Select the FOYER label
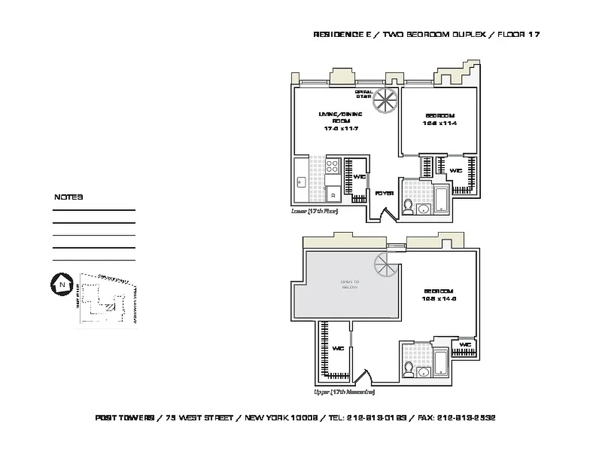[384, 194]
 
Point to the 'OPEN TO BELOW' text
[350, 284]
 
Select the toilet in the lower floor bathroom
[408, 206]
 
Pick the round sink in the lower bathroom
[423, 209]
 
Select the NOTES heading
[69, 197]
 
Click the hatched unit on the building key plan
[109, 307]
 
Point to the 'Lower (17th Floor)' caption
[314, 211]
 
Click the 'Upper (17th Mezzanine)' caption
[344, 392]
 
